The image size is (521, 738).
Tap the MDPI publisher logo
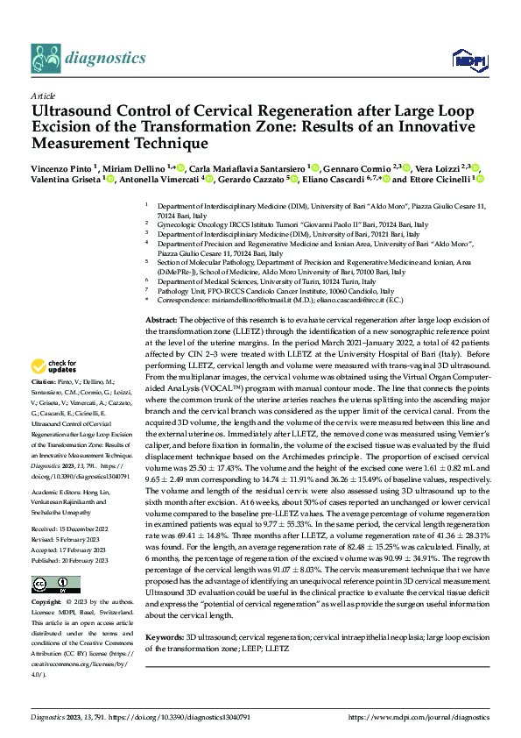[x=466, y=59]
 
